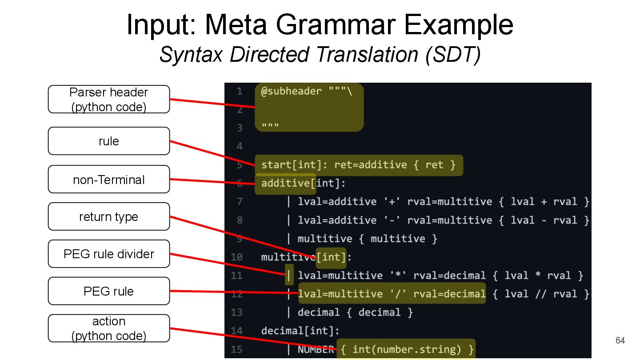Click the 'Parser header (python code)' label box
[109, 99]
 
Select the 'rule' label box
[109, 141]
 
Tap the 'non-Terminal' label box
[109, 180]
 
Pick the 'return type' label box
[109, 216]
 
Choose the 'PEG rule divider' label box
[109, 254]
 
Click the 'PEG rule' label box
[109, 291]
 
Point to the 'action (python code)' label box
[109, 328]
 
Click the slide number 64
[620, 341]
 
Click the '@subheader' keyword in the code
[291, 91]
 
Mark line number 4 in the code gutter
[240, 146]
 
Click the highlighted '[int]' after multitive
[331, 257]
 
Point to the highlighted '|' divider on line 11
[289, 276]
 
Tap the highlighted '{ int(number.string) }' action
[407, 349]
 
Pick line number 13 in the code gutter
[237, 312]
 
